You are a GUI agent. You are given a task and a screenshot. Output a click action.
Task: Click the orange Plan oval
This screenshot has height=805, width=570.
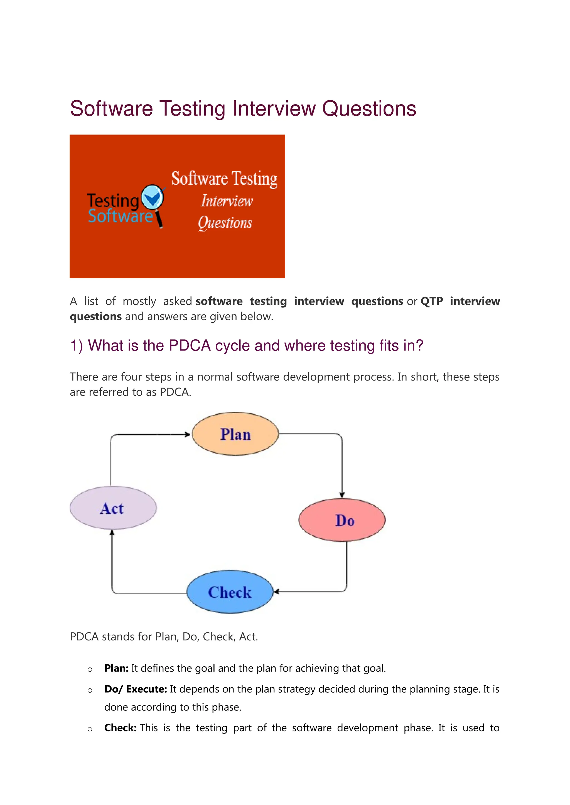[x=235, y=434]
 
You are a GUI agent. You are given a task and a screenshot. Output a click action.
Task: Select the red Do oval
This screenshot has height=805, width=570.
[x=341, y=520]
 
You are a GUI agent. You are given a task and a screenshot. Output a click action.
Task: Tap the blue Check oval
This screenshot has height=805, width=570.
[x=230, y=592]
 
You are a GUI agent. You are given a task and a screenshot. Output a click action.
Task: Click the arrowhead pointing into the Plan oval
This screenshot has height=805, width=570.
[x=188, y=435]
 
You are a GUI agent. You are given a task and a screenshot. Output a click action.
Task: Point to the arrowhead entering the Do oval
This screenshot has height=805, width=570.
[x=342, y=495]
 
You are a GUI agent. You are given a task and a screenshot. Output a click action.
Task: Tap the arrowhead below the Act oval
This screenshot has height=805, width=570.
[x=112, y=533]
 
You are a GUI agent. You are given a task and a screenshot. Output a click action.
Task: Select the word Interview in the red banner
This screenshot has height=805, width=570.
[x=227, y=201]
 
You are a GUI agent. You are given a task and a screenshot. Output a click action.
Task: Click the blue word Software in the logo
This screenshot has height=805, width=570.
[x=121, y=216]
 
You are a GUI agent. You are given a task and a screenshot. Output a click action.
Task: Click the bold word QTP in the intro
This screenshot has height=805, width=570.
[x=431, y=301]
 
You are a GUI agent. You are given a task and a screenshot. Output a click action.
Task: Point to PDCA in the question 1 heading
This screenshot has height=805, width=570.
[x=190, y=346]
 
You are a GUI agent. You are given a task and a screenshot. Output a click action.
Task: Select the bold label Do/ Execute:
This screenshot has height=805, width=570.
[x=136, y=689]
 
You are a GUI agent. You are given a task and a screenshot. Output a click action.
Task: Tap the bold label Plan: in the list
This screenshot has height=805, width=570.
[x=116, y=668]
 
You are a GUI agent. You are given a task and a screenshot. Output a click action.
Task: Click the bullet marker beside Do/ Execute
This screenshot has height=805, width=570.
[x=90, y=690]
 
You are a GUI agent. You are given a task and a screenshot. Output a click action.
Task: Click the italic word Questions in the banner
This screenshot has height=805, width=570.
[x=225, y=223]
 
